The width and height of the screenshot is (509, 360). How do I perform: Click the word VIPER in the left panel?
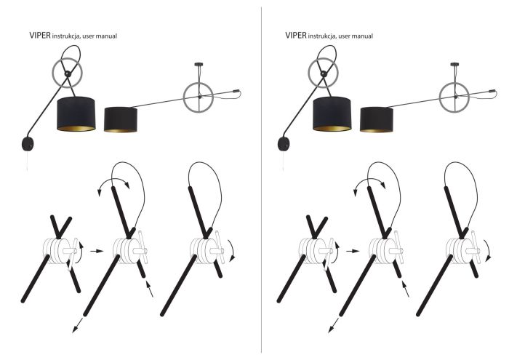pyautogui.click(x=39, y=34)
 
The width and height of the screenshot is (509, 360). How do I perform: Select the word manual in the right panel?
pyautogui.click(x=358, y=35)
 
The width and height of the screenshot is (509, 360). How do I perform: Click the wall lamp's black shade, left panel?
pyautogui.click(x=76, y=113)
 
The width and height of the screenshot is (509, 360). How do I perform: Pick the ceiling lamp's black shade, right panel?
pyautogui.click(x=377, y=119)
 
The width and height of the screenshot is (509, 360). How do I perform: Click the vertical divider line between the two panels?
pyautogui.click(x=261, y=182)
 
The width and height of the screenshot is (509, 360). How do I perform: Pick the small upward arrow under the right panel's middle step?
pyautogui.click(x=406, y=291)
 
